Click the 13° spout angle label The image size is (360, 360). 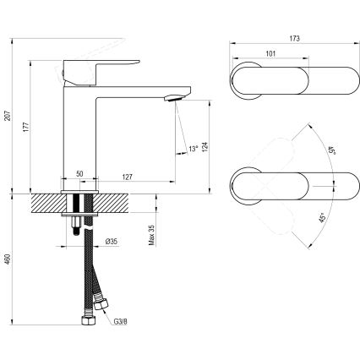click(194, 149)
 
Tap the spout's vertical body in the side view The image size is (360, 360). click(81, 127)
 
